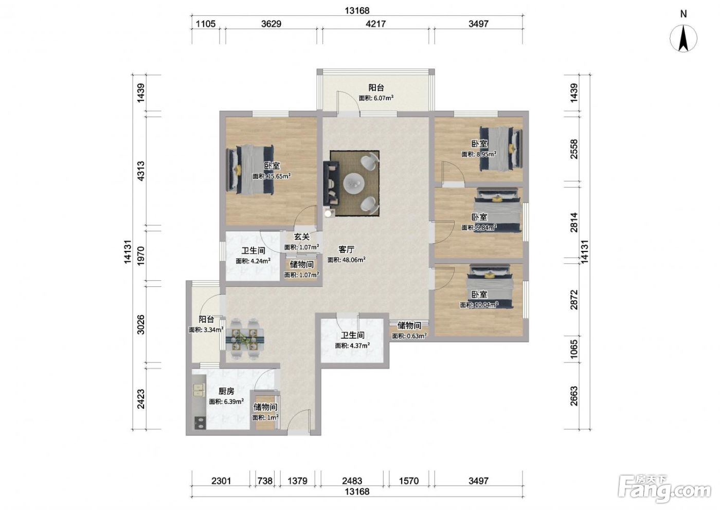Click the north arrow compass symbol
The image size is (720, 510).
tap(683, 39)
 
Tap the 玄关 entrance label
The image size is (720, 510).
tap(302, 237)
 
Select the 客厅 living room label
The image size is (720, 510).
tap(346, 249)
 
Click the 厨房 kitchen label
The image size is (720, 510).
tap(226, 391)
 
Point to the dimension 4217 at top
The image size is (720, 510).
tap(375, 24)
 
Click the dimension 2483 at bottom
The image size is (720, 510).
tap(352, 481)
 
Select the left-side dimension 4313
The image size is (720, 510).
tap(141, 171)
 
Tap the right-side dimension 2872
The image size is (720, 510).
tap(574, 300)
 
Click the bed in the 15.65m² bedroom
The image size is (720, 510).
tap(250, 170)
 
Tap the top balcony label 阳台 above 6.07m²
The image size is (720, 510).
tap(376, 87)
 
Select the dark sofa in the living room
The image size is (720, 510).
tap(331, 183)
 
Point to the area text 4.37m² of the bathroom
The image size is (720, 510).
tap(359, 345)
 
